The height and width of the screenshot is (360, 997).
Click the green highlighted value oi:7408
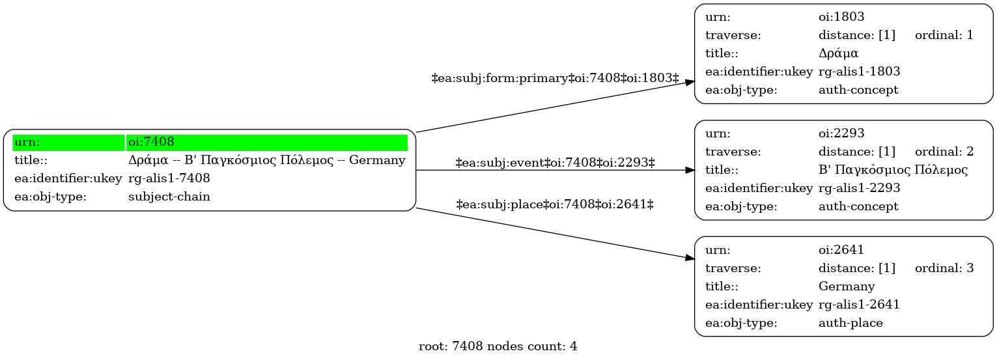point(151,142)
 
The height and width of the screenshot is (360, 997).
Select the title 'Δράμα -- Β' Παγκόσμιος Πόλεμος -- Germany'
point(266,160)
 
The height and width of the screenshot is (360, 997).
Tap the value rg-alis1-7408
point(169,178)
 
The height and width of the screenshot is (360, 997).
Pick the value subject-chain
point(169,197)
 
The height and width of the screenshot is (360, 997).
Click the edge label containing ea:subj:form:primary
point(555,78)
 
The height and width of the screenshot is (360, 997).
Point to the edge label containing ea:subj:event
point(555,163)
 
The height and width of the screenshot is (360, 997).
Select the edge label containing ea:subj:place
point(555,204)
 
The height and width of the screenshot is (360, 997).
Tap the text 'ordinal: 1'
point(944,35)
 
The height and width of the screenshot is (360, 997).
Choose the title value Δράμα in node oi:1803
point(838,53)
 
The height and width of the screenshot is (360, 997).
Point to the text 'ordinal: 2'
point(944,152)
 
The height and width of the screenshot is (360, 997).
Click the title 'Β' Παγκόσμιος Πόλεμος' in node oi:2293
point(893,170)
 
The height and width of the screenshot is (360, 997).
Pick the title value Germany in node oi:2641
point(847,286)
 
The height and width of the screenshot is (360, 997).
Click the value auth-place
point(850,323)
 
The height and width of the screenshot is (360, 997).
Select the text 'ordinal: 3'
point(944,268)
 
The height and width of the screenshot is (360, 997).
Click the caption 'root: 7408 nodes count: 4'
point(498,346)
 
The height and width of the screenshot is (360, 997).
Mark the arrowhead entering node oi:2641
point(690,258)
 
